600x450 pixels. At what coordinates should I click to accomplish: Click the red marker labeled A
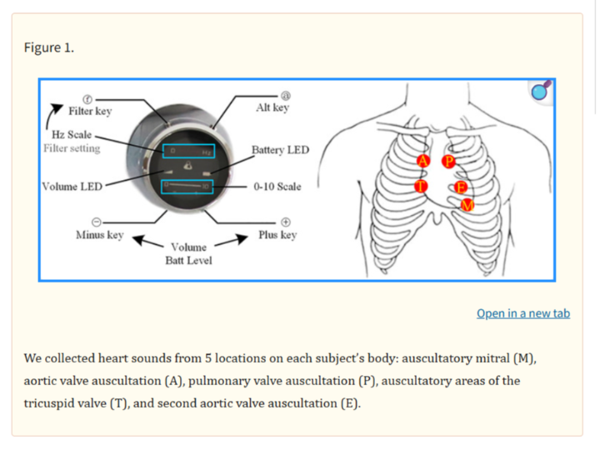(423, 161)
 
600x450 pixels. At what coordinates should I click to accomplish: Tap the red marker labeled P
(449, 161)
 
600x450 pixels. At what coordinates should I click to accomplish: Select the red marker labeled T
(422, 185)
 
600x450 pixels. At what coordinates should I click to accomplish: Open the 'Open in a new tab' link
(523, 313)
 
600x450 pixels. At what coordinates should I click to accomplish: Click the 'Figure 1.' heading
(49, 47)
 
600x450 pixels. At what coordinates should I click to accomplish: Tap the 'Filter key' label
(90, 112)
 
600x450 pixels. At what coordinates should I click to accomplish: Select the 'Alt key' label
(272, 108)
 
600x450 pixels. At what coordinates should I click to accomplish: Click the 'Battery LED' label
(280, 150)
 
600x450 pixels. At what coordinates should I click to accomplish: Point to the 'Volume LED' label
(72, 186)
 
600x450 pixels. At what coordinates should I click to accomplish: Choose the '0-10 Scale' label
(277, 187)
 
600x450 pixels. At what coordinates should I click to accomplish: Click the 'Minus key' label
(99, 235)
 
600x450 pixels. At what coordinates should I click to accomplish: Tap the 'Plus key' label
(277, 235)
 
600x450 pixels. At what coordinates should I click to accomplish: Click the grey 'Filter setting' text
(72, 148)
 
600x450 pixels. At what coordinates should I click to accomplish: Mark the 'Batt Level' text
(188, 261)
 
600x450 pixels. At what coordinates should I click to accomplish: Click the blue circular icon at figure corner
(540, 92)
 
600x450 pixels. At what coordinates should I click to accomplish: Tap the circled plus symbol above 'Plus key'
(285, 222)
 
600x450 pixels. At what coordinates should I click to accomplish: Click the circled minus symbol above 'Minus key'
(97, 222)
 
